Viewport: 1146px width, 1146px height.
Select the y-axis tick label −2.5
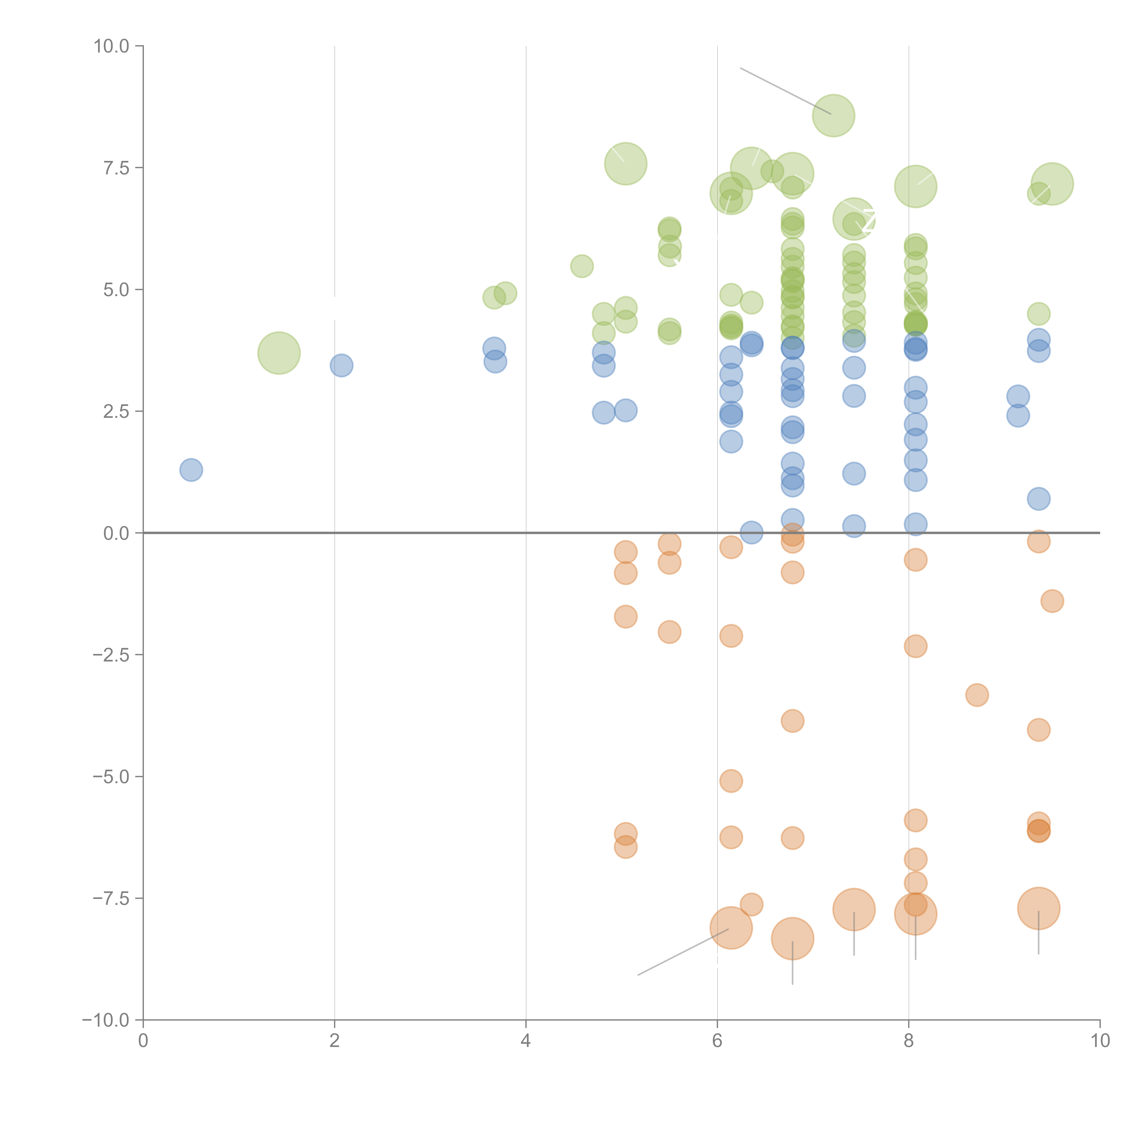(112, 655)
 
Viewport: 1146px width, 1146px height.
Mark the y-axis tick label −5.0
(112, 777)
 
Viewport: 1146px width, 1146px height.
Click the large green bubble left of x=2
(279, 353)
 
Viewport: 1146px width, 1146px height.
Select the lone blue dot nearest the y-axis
(191, 470)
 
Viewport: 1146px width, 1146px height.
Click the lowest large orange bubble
(793, 938)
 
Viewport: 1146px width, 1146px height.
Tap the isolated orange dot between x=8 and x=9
(977, 695)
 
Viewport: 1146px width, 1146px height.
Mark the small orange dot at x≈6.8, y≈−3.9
(793, 721)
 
